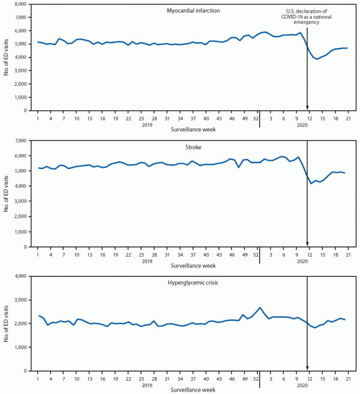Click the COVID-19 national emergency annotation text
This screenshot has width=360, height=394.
pyautogui.click(x=307, y=17)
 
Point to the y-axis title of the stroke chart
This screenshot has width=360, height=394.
pyautogui.click(x=6, y=193)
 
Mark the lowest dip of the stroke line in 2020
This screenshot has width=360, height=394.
pyautogui.click(x=311, y=183)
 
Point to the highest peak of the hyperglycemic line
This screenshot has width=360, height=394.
pyautogui.click(x=260, y=308)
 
